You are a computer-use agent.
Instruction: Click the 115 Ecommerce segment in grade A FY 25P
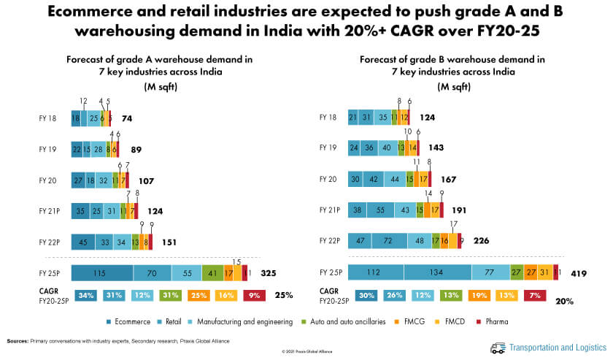click(101, 273)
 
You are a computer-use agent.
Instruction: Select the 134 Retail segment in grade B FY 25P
click(436, 273)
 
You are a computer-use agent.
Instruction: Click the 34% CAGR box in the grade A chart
click(85, 295)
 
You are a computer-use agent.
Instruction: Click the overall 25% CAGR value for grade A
click(285, 296)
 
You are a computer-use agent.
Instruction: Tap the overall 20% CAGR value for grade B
click(563, 301)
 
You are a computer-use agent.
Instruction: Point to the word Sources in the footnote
click(18, 341)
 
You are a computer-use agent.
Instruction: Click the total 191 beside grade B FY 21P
click(460, 210)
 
